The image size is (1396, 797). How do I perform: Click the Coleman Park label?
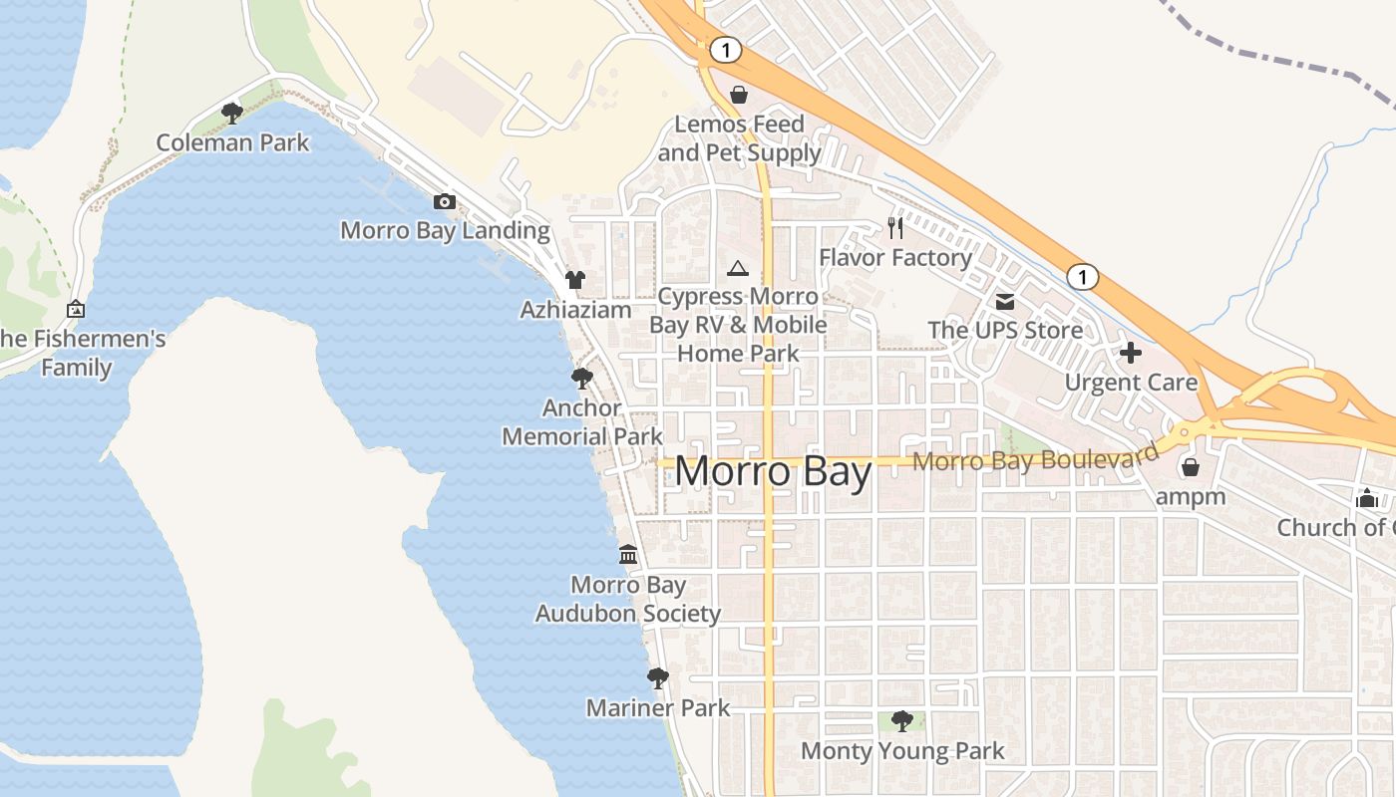click(232, 142)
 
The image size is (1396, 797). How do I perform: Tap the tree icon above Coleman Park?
click(232, 113)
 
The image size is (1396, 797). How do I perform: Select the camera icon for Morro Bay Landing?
click(445, 201)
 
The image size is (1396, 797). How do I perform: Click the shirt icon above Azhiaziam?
click(575, 280)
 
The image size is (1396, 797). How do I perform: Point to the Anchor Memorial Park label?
click(582, 422)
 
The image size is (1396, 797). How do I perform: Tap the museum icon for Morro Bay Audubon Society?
click(628, 554)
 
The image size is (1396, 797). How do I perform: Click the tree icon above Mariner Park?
click(657, 678)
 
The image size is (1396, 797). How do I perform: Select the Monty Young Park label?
click(902, 750)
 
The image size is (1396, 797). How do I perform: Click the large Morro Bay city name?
click(773, 471)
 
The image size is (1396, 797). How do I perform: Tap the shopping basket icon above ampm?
click(1190, 466)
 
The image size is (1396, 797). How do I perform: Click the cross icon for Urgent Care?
click(1131, 353)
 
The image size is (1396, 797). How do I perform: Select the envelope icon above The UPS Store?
click(1005, 301)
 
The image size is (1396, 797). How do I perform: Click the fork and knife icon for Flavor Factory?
click(895, 228)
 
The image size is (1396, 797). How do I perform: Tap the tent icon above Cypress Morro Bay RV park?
click(737, 268)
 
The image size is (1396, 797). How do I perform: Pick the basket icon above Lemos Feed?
click(739, 95)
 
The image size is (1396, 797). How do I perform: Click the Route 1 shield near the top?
click(726, 49)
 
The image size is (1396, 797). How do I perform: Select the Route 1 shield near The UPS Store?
click(1082, 276)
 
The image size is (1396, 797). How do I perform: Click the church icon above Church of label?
click(1366, 498)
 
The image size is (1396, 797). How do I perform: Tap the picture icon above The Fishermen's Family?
click(76, 310)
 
